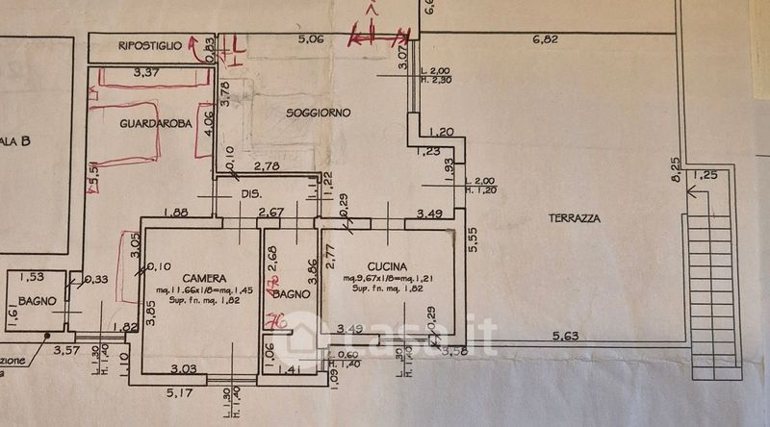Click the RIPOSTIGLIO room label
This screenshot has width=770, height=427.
150,46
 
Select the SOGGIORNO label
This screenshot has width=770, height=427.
319,113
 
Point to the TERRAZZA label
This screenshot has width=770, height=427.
576,218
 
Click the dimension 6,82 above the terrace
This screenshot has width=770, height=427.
546,40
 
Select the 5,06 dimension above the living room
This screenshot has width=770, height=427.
309,39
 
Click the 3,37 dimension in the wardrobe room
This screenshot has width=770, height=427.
146,72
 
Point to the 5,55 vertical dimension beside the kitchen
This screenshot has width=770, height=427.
472,240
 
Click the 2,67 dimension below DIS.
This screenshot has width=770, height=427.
270,213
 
